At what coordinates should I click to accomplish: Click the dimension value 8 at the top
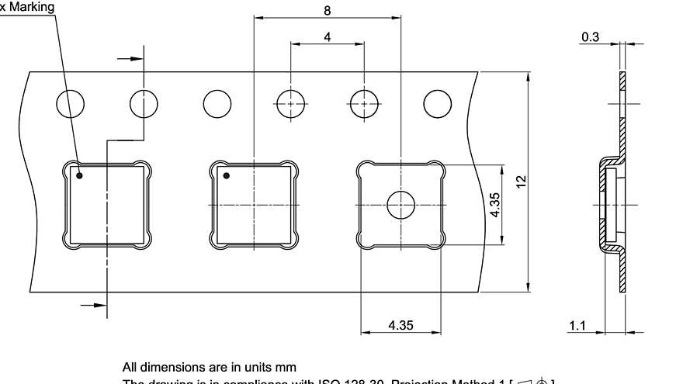click(328, 10)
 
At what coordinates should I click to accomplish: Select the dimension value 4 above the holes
click(328, 36)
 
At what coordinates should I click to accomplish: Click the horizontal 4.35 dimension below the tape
click(400, 326)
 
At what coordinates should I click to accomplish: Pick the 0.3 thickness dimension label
click(590, 36)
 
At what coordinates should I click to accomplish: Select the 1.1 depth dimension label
click(577, 326)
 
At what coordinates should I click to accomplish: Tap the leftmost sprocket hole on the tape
click(71, 103)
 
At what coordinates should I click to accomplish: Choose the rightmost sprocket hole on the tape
click(437, 103)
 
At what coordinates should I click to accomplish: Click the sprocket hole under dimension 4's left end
click(290, 103)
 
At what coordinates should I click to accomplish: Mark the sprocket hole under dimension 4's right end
click(363, 103)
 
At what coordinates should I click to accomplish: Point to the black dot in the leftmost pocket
click(79, 175)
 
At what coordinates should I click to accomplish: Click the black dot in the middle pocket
click(226, 175)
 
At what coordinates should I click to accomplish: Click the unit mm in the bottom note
click(286, 367)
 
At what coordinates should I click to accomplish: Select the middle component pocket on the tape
click(254, 204)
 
